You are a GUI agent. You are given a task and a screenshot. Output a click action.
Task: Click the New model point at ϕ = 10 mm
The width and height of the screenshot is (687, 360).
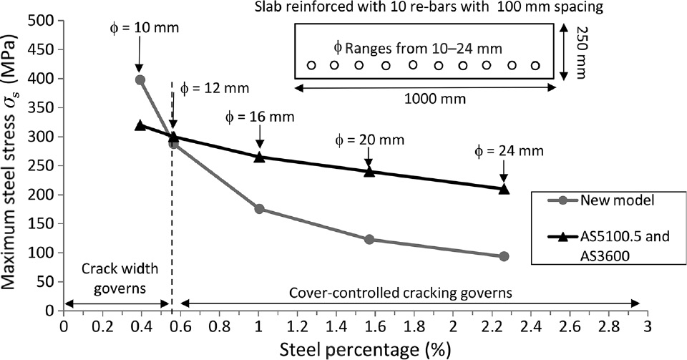140,80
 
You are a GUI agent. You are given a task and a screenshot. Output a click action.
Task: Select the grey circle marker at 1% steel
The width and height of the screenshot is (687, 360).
259,209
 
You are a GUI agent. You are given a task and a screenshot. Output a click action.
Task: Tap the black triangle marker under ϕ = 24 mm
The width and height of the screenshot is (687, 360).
504,189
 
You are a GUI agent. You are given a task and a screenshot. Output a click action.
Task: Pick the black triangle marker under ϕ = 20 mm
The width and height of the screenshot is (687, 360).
369,171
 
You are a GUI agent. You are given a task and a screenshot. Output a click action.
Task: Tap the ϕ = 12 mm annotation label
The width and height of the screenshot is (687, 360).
214,89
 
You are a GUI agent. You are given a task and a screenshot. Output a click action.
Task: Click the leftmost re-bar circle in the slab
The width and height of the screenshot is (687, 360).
311,65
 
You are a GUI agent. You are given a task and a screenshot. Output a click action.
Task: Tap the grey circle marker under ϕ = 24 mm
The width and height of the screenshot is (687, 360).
504,256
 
